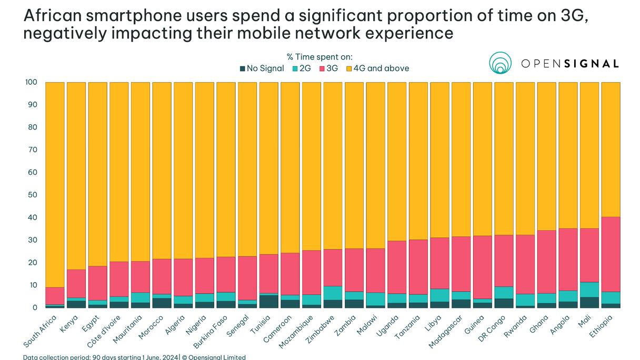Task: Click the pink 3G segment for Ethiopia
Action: (x=611, y=254)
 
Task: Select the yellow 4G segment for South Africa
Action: (x=55, y=184)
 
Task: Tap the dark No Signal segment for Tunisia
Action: (x=269, y=302)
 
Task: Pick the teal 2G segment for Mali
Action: (x=589, y=289)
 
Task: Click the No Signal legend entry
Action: (x=262, y=68)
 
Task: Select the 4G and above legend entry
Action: (x=377, y=68)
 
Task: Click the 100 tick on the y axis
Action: (x=30, y=83)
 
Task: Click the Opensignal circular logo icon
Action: (x=500, y=63)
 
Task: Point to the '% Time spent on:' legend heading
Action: (x=319, y=57)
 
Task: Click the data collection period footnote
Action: (x=134, y=357)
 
